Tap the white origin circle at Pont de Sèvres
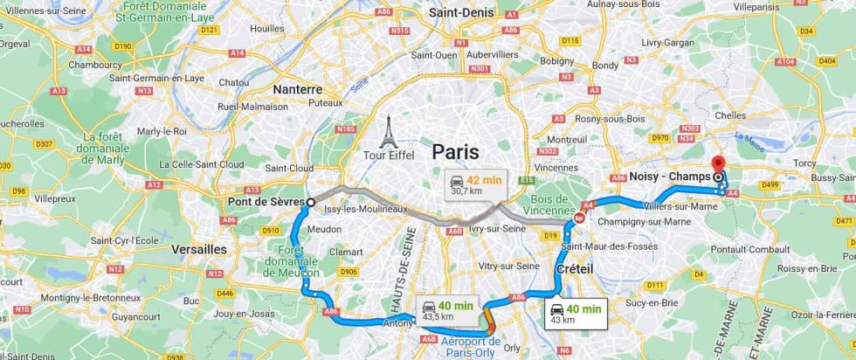(x=310, y=202)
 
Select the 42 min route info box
(x=473, y=184)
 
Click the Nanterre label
(x=297, y=89)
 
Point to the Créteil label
(x=574, y=269)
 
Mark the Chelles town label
(x=729, y=115)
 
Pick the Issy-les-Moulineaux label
(x=366, y=209)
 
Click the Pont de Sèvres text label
(x=265, y=203)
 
